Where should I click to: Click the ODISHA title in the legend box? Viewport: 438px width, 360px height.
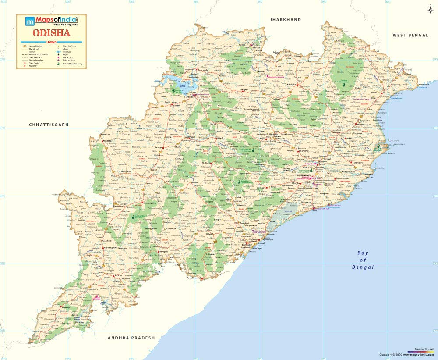[52, 33]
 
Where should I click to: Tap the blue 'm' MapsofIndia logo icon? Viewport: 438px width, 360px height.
[29, 21]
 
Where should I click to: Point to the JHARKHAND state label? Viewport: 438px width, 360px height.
[286, 20]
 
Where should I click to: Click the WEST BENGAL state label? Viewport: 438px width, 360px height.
[410, 35]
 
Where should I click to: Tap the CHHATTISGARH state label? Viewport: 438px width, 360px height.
[49, 125]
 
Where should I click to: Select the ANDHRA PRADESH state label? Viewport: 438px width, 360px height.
[131, 338]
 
